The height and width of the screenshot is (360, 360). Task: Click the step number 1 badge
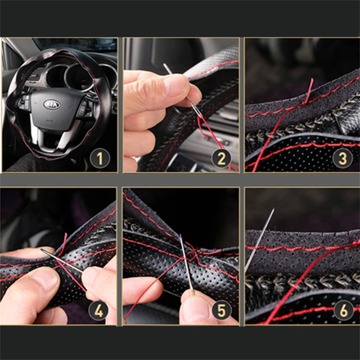coord(100,159)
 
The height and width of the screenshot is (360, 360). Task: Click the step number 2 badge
coord(222,159)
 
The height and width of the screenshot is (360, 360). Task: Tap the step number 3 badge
coord(343,159)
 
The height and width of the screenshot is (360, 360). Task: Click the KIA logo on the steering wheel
coord(52,105)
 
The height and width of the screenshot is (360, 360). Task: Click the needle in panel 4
coord(62,262)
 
